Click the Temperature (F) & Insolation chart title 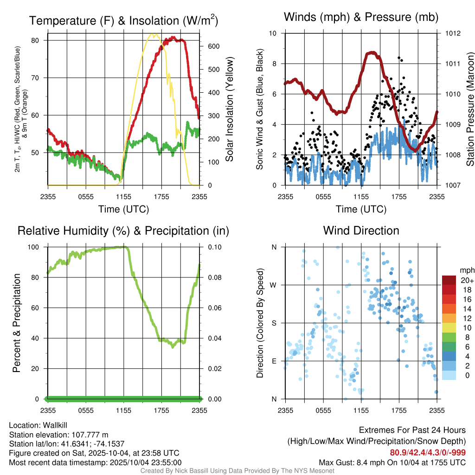123,20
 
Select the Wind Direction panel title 361,231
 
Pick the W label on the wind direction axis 274,285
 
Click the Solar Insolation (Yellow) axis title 229,109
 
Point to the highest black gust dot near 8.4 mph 399,58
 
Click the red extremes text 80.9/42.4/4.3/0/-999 428,453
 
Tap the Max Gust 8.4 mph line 392,462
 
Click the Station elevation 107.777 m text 58,435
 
